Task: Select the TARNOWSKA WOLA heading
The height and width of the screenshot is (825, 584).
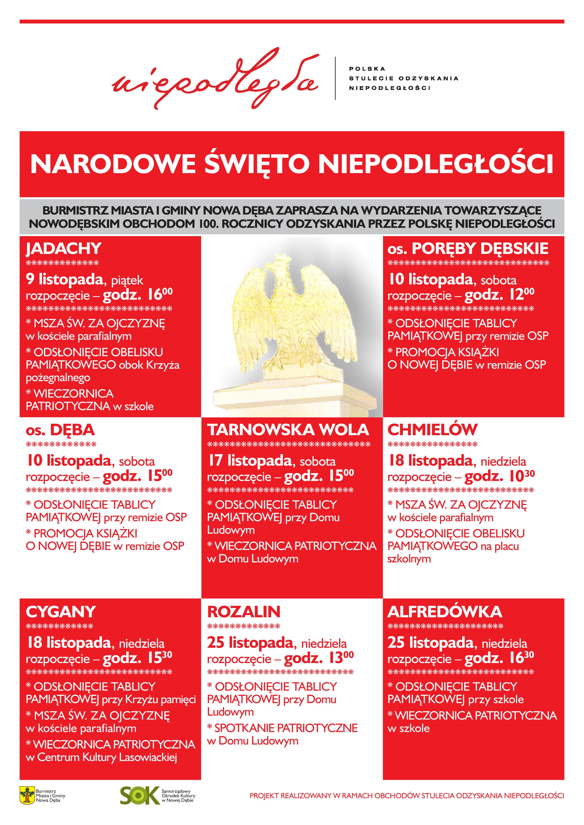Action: [x=288, y=430]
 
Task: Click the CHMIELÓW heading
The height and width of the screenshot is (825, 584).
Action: [x=432, y=430]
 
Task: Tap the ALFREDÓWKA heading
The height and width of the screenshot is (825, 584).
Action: [x=444, y=612]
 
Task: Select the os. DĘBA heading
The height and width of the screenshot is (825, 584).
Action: [x=60, y=430]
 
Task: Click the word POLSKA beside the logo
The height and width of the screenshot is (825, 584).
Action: [x=367, y=69]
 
